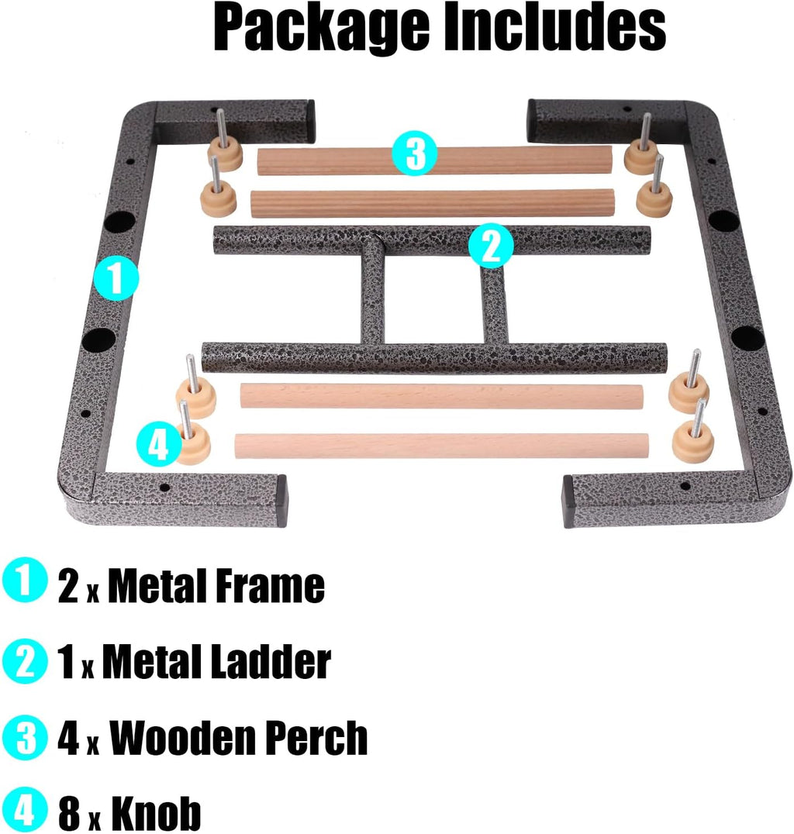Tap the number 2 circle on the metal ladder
point(491,246)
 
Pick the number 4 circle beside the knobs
point(159,446)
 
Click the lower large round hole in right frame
point(747,338)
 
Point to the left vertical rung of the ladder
point(373,298)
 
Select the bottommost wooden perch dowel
point(440,445)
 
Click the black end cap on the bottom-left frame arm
point(281,501)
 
